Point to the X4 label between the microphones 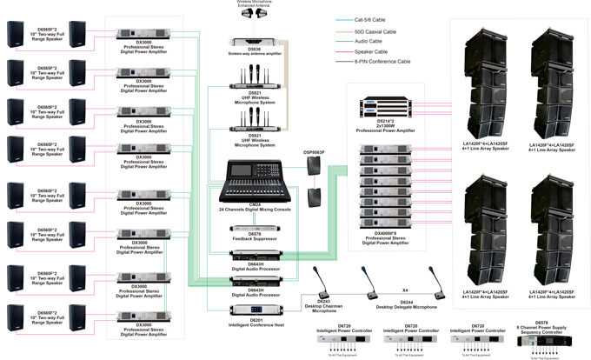click(x=405, y=290)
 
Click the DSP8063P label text click(x=315, y=152)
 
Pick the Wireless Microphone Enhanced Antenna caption click(x=253, y=4)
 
